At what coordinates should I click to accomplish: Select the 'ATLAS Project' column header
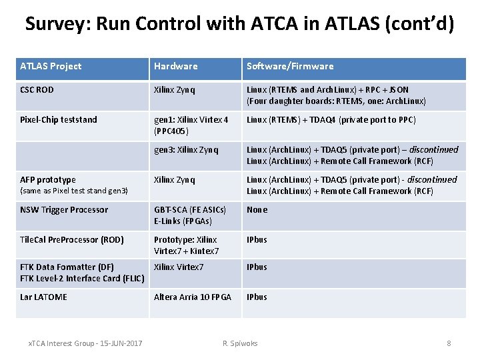51,66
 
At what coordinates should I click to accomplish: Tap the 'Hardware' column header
175,66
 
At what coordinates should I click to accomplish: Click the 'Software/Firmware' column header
290,66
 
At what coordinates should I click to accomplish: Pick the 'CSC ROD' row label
37,89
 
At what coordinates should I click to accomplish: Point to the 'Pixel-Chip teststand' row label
59,119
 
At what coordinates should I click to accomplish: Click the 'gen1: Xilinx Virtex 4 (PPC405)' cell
191,125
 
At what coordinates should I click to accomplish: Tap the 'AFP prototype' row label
48,179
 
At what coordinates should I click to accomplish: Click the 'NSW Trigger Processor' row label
64,209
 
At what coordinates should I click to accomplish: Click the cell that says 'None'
257,209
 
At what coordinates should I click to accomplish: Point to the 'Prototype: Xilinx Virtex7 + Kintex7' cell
186,245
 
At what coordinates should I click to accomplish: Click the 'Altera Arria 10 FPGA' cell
193,297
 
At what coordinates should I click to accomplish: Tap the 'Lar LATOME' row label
43,297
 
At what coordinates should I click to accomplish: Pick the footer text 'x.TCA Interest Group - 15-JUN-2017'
85,343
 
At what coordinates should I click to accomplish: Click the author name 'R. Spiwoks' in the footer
240,343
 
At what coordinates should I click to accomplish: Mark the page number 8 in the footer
449,343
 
